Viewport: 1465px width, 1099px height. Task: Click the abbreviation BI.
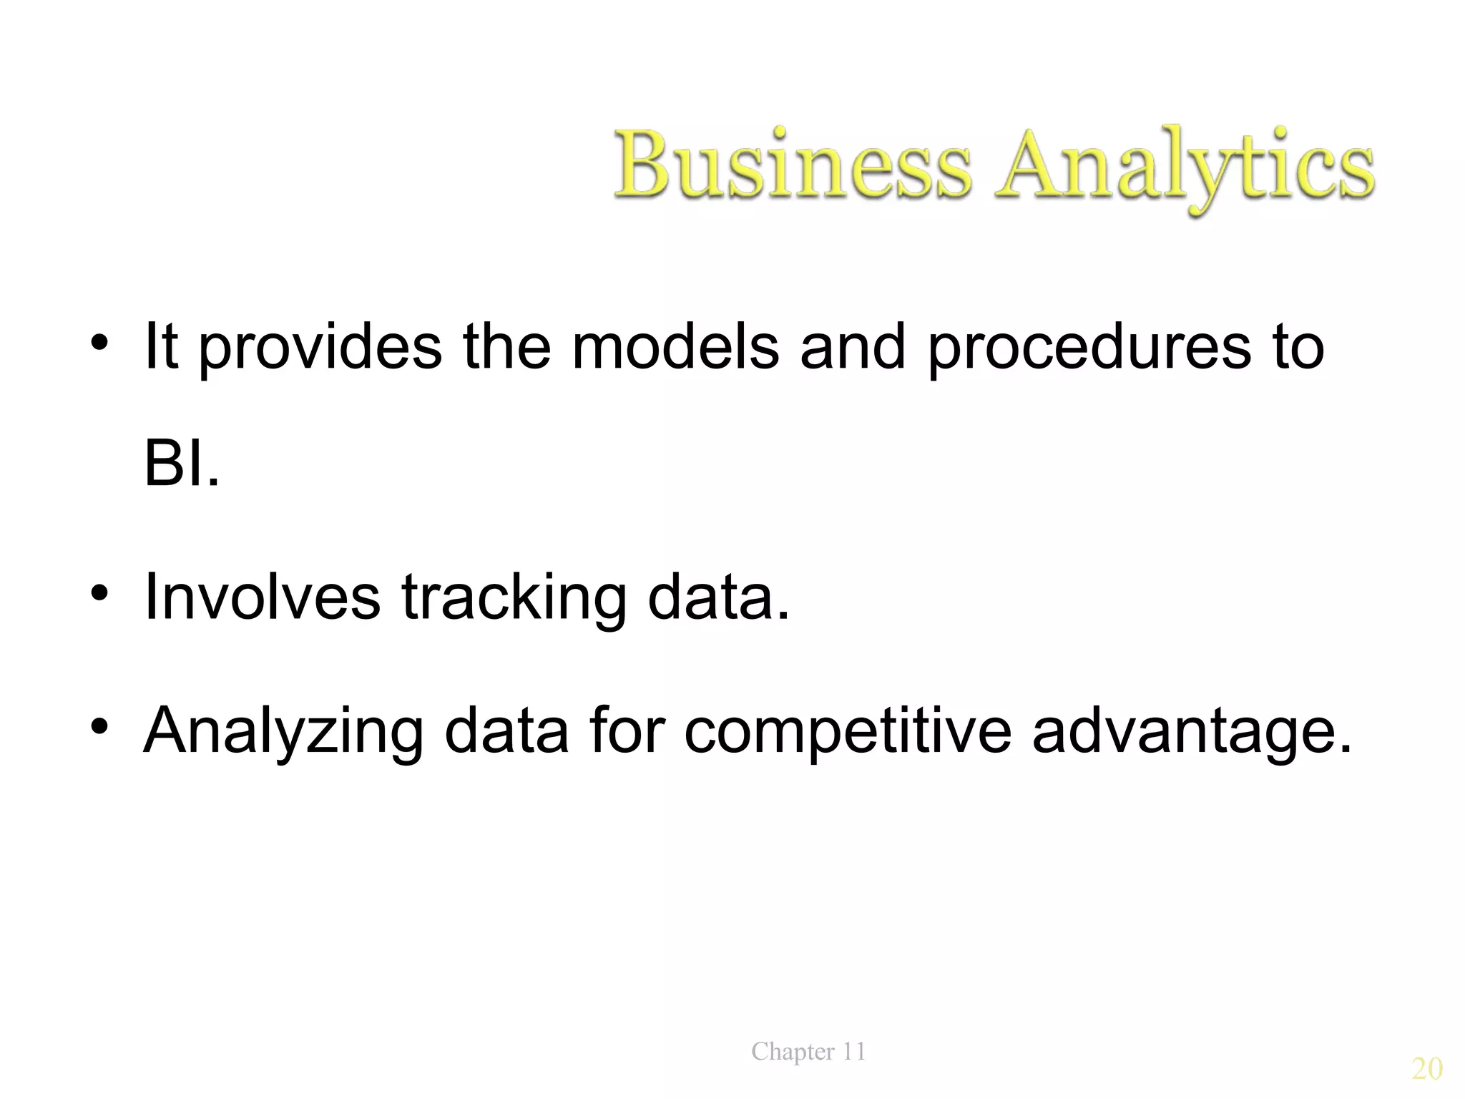(181, 464)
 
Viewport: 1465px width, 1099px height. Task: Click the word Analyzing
(284, 731)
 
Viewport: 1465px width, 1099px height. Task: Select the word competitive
(848, 731)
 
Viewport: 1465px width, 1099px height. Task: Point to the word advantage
(1192, 731)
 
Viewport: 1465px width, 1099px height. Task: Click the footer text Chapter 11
(808, 1052)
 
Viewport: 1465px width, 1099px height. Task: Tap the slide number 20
(1426, 1069)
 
